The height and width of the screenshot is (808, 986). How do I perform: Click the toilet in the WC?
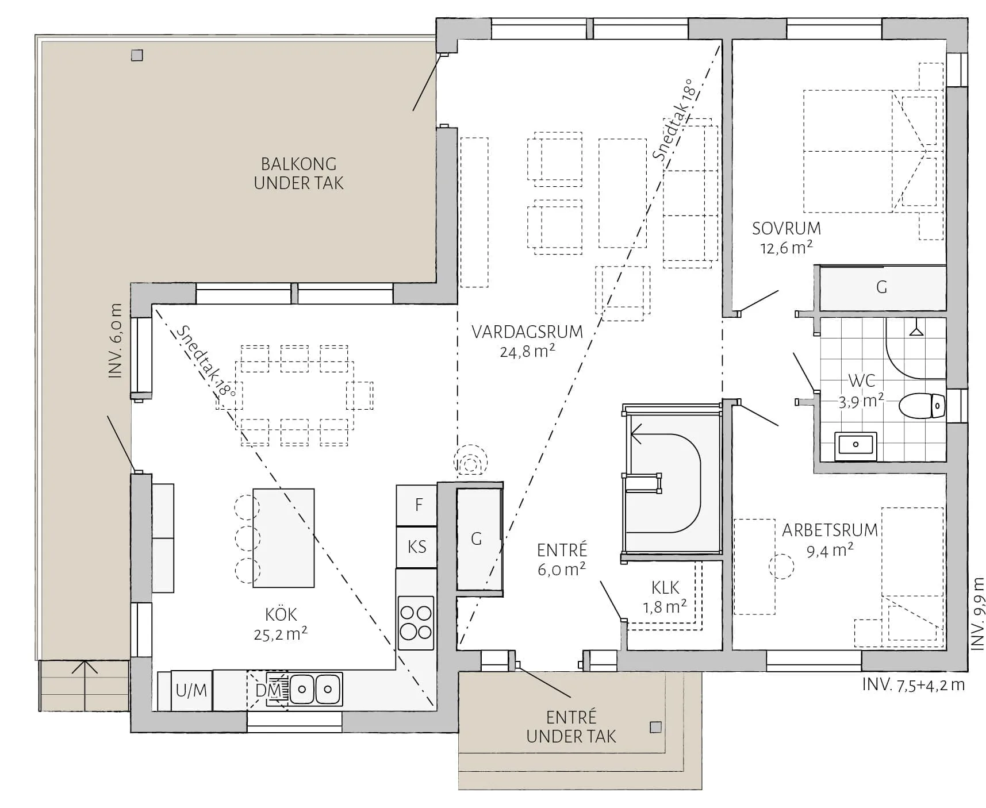pos(922,406)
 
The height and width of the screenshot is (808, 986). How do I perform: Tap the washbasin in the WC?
pos(855,445)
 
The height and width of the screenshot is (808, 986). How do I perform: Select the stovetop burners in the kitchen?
pos(416,623)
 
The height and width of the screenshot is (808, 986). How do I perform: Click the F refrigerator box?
pos(417,505)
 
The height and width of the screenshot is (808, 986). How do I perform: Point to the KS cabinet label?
pos(417,547)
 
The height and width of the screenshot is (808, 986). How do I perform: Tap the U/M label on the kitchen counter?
pos(191,690)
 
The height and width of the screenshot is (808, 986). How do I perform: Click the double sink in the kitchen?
pos(315,688)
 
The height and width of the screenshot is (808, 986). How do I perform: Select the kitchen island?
pos(283,538)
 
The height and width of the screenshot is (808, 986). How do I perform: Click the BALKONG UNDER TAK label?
pos(299,174)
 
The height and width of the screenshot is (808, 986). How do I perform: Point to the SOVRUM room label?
pos(787,229)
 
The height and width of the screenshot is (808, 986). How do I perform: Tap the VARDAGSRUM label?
pos(527,332)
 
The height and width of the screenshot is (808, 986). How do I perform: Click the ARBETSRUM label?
pos(830,530)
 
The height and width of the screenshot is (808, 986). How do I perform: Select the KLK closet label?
pos(665,588)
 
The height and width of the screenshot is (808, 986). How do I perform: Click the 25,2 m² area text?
pos(281,634)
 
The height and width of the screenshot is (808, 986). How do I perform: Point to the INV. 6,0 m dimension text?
pos(115,341)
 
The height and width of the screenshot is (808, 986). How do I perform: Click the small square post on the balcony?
pos(137,55)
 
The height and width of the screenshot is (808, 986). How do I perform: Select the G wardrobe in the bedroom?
pos(883,288)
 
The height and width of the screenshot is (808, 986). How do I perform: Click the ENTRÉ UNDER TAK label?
pos(571,727)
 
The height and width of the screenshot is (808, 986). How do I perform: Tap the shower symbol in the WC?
pos(916,331)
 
